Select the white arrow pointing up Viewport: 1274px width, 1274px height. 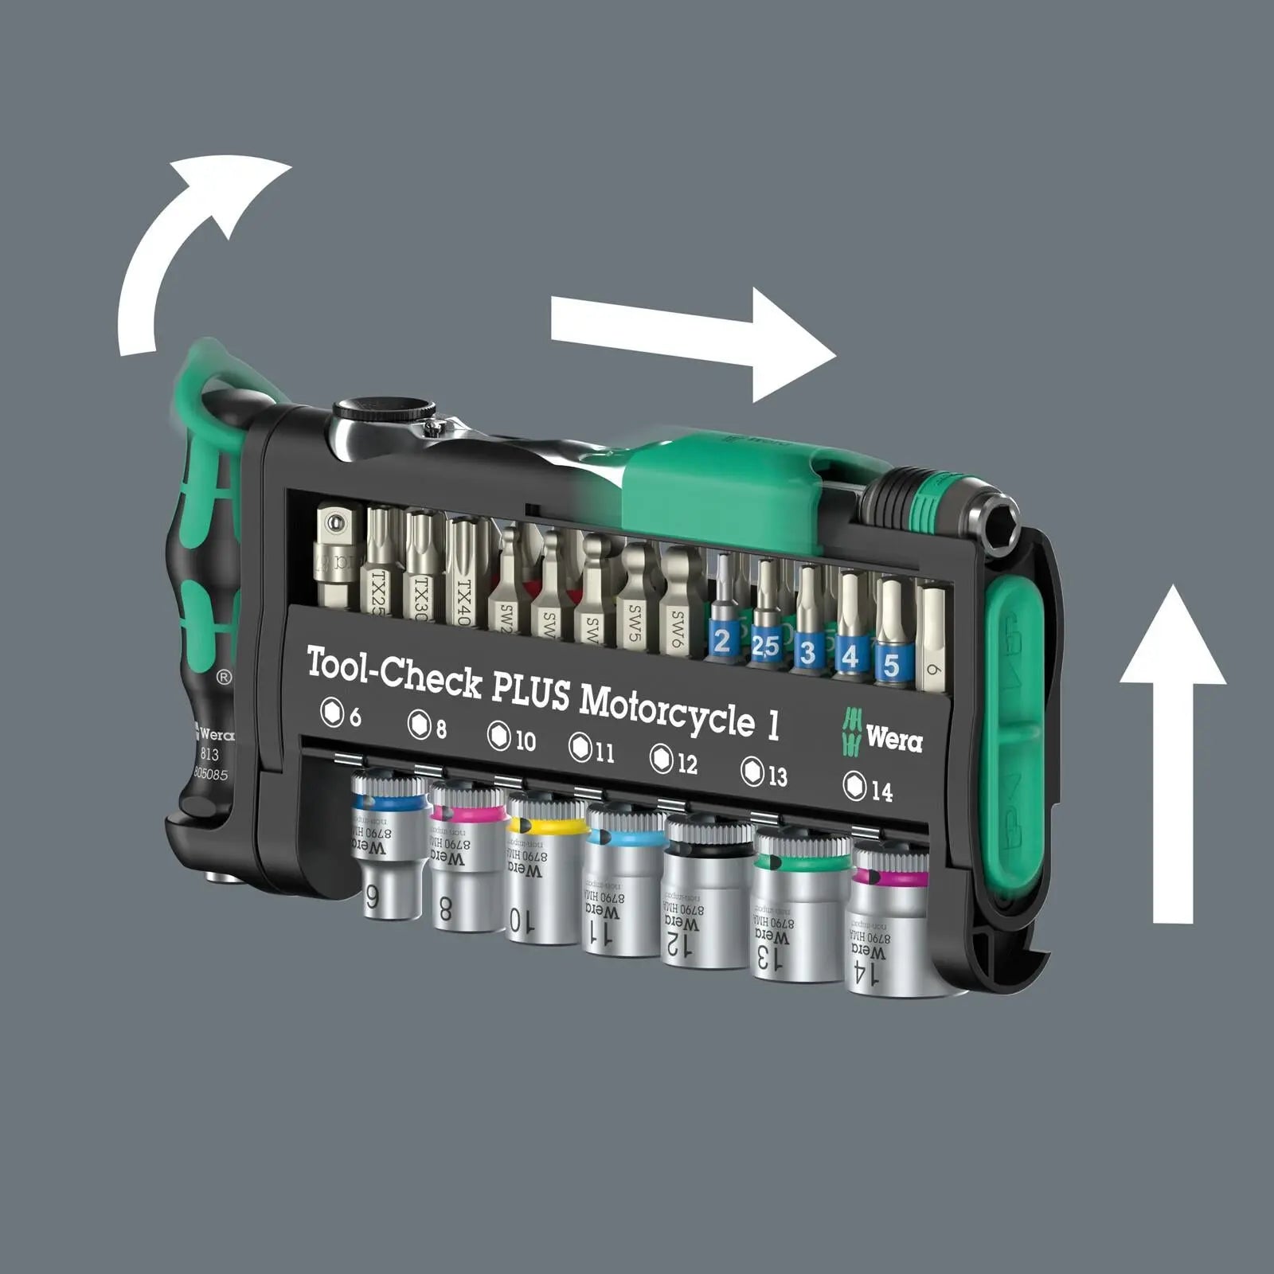coord(1173,756)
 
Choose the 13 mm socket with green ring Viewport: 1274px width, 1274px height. coord(796,908)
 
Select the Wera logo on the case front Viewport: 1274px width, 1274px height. coord(884,733)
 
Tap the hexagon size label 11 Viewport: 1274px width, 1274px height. coord(592,749)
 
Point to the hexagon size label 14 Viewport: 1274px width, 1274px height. coord(868,788)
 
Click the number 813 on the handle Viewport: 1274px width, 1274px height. coord(209,754)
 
